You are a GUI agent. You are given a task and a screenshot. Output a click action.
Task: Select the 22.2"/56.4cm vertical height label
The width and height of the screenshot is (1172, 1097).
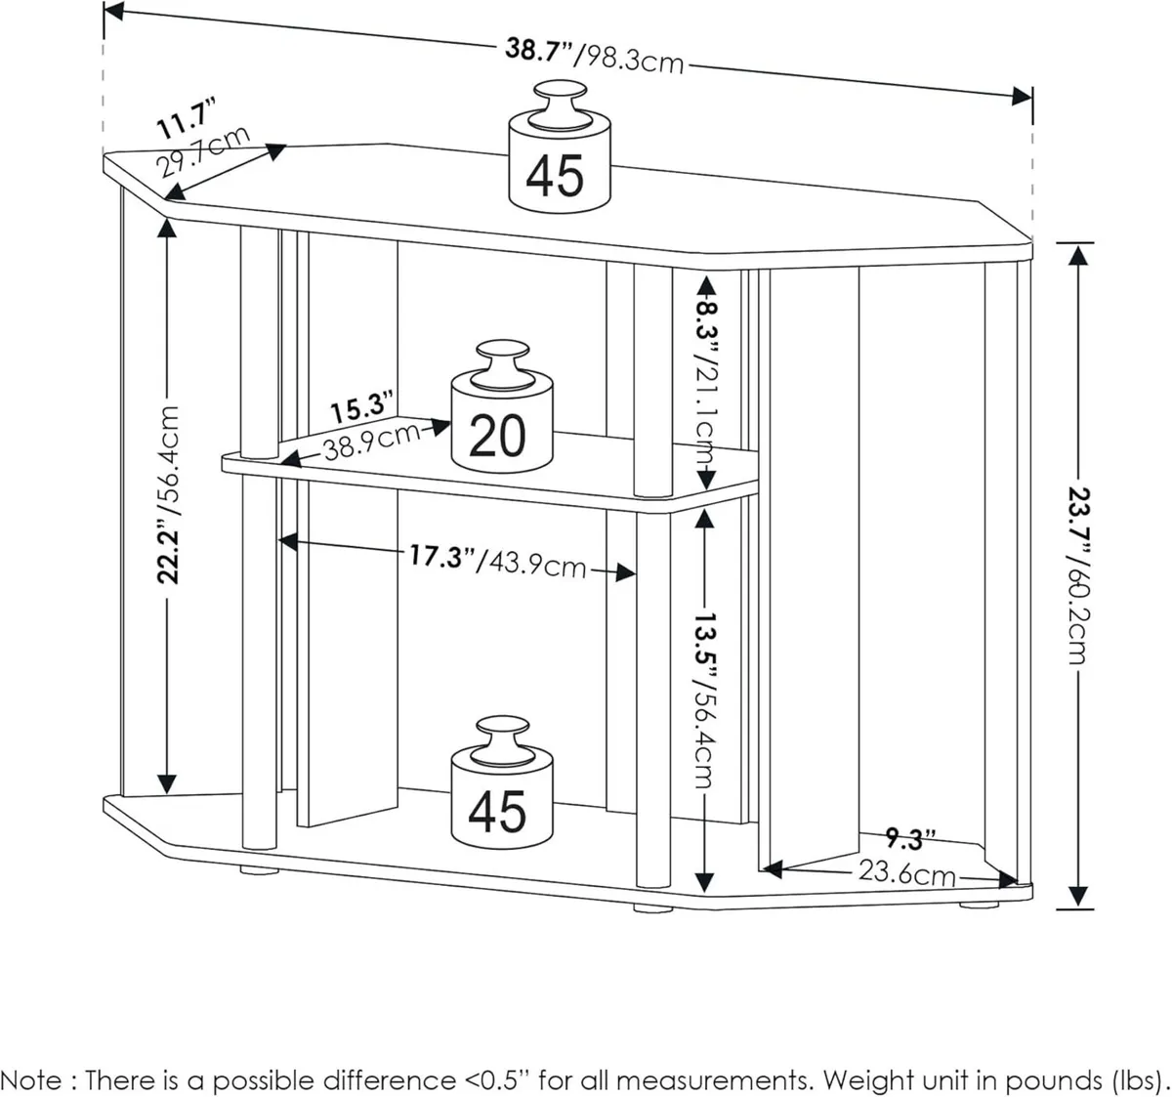click(169, 493)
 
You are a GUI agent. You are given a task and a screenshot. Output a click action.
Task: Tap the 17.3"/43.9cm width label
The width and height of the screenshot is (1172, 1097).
click(496, 561)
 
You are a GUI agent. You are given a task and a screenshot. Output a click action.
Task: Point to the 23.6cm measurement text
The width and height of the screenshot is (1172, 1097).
click(905, 872)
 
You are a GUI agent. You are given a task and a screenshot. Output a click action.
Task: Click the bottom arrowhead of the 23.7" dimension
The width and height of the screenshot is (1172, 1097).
click(1077, 896)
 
